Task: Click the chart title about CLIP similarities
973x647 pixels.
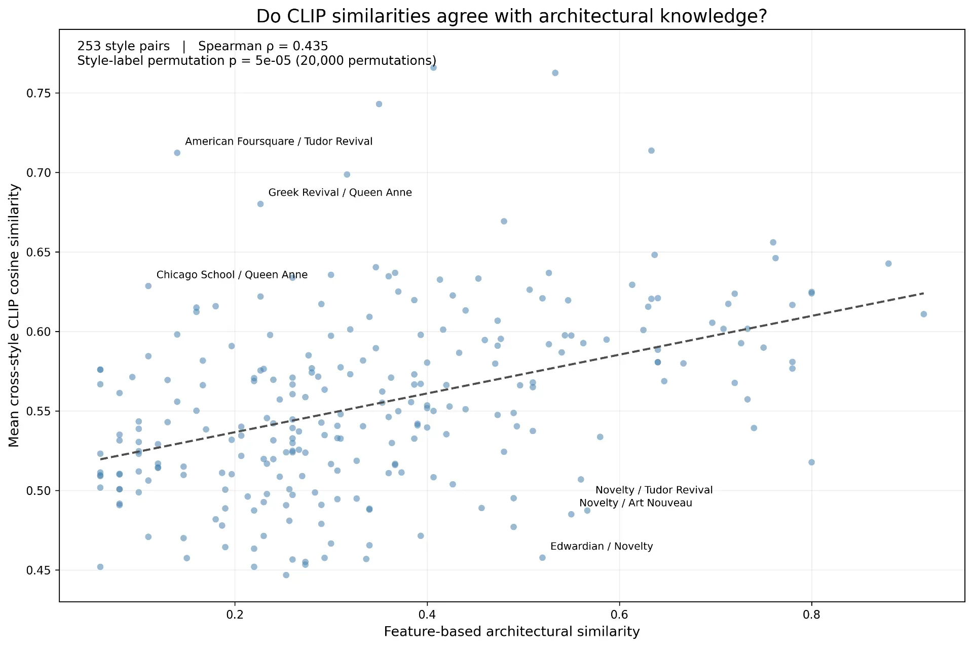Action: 512,16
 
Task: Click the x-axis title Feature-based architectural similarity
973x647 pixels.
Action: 512,631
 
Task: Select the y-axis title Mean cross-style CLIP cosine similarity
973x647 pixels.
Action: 14,315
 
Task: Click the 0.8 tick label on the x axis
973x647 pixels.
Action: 811,615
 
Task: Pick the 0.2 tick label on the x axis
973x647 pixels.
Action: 235,615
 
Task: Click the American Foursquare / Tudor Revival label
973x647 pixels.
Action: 279,141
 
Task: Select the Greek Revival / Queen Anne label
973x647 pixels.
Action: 340,193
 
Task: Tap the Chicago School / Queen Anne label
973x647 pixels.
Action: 232,275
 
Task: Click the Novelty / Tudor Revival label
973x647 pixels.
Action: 654,490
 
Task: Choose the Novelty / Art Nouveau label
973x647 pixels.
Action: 636,503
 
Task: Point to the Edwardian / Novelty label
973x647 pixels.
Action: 602,547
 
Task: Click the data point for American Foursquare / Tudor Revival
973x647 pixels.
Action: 177,153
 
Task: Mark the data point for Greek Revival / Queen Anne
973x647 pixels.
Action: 260,204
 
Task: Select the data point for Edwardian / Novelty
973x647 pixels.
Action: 542,558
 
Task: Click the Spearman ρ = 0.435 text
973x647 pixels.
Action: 263,46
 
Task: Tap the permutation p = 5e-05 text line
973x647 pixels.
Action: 257,61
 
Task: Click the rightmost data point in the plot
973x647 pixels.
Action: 923,314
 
